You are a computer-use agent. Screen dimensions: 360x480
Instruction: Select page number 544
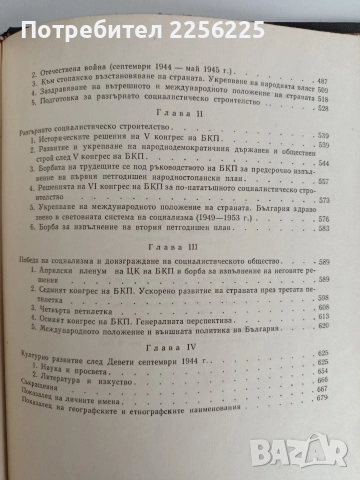[322, 190]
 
